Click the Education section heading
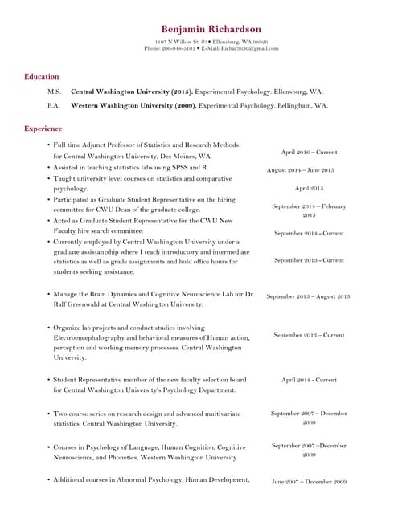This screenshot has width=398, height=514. pos(41,76)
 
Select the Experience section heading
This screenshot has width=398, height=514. pos(43,128)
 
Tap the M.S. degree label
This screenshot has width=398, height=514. pos(54,92)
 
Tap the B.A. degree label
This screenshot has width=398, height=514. pos(54,105)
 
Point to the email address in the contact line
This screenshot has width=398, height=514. pos(251,48)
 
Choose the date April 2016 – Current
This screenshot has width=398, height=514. pos(309,152)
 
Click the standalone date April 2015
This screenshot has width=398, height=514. pos(309,188)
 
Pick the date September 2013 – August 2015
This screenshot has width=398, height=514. pos(308,296)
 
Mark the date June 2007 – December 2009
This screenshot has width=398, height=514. pos(309,482)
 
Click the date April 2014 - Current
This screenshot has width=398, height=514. pos(309,380)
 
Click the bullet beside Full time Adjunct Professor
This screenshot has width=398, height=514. pos(48,145)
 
